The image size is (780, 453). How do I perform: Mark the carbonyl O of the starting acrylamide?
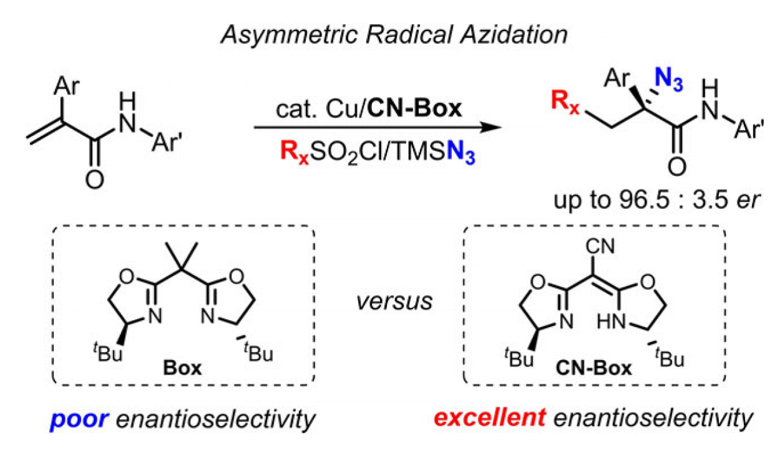(93, 179)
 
